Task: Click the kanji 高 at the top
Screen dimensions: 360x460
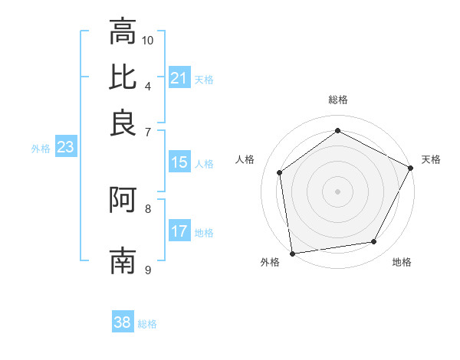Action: (x=123, y=31)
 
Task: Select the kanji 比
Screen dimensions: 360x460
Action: (x=123, y=77)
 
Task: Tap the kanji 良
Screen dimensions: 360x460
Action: (x=123, y=123)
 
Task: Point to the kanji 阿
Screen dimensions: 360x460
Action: (x=123, y=200)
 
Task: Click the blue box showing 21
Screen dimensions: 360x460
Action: (x=179, y=78)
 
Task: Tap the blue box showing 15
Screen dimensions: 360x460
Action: (x=179, y=162)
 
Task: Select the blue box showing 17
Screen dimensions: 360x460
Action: (x=179, y=231)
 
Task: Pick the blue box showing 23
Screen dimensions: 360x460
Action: (x=65, y=148)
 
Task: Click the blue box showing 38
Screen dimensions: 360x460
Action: (x=123, y=322)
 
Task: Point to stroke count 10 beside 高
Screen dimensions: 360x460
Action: (x=148, y=40)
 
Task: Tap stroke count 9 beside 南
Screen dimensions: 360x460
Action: (x=148, y=270)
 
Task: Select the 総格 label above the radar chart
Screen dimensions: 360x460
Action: (x=338, y=100)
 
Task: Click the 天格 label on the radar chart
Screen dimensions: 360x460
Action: (x=431, y=159)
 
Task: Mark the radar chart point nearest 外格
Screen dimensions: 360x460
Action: (x=292, y=253)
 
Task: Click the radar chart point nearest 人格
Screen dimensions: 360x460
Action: (x=280, y=172)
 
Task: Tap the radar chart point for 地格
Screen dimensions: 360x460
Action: (x=374, y=242)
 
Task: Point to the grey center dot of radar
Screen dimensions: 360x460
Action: (x=338, y=191)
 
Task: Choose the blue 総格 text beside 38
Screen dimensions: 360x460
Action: (x=147, y=324)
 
